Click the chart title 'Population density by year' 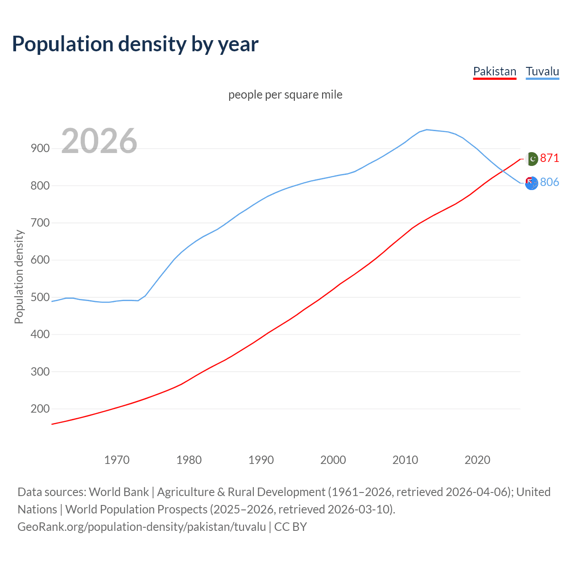pyautogui.click(x=135, y=44)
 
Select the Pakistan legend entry pyautogui.click(x=494, y=71)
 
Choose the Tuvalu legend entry pyautogui.click(x=542, y=71)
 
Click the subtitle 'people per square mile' pyautogui.click(x=285, y=95)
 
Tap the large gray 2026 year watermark pyautogui.click(x=99, y=141)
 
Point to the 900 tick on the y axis pyautogui.click(x=40, y=149)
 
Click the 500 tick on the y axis pyautogui.click(x=40, y=297)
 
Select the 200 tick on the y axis pyautogui.click(x=40, y=409)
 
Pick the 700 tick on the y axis pyautogui.click(x=40, y=223)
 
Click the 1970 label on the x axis pyautogui.click(x=117, y=460)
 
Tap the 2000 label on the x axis pyautogui.click(x=333, y=460)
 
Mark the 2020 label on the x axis pyautogui.click(x=477, y=460)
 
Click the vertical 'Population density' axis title pyautogui.click(x=19, y=277)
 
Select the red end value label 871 pyautogui.click(x=550, y=158)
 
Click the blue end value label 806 pyautogui.click(x=550, y=182)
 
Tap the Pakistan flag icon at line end pyautogui.click(x=532, y=159)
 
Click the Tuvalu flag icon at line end pyautogui.click(x=531, y=183)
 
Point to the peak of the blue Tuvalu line pyautogui.click(x=427, y=129)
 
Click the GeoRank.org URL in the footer pyautogui.click(x=141, y=527)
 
